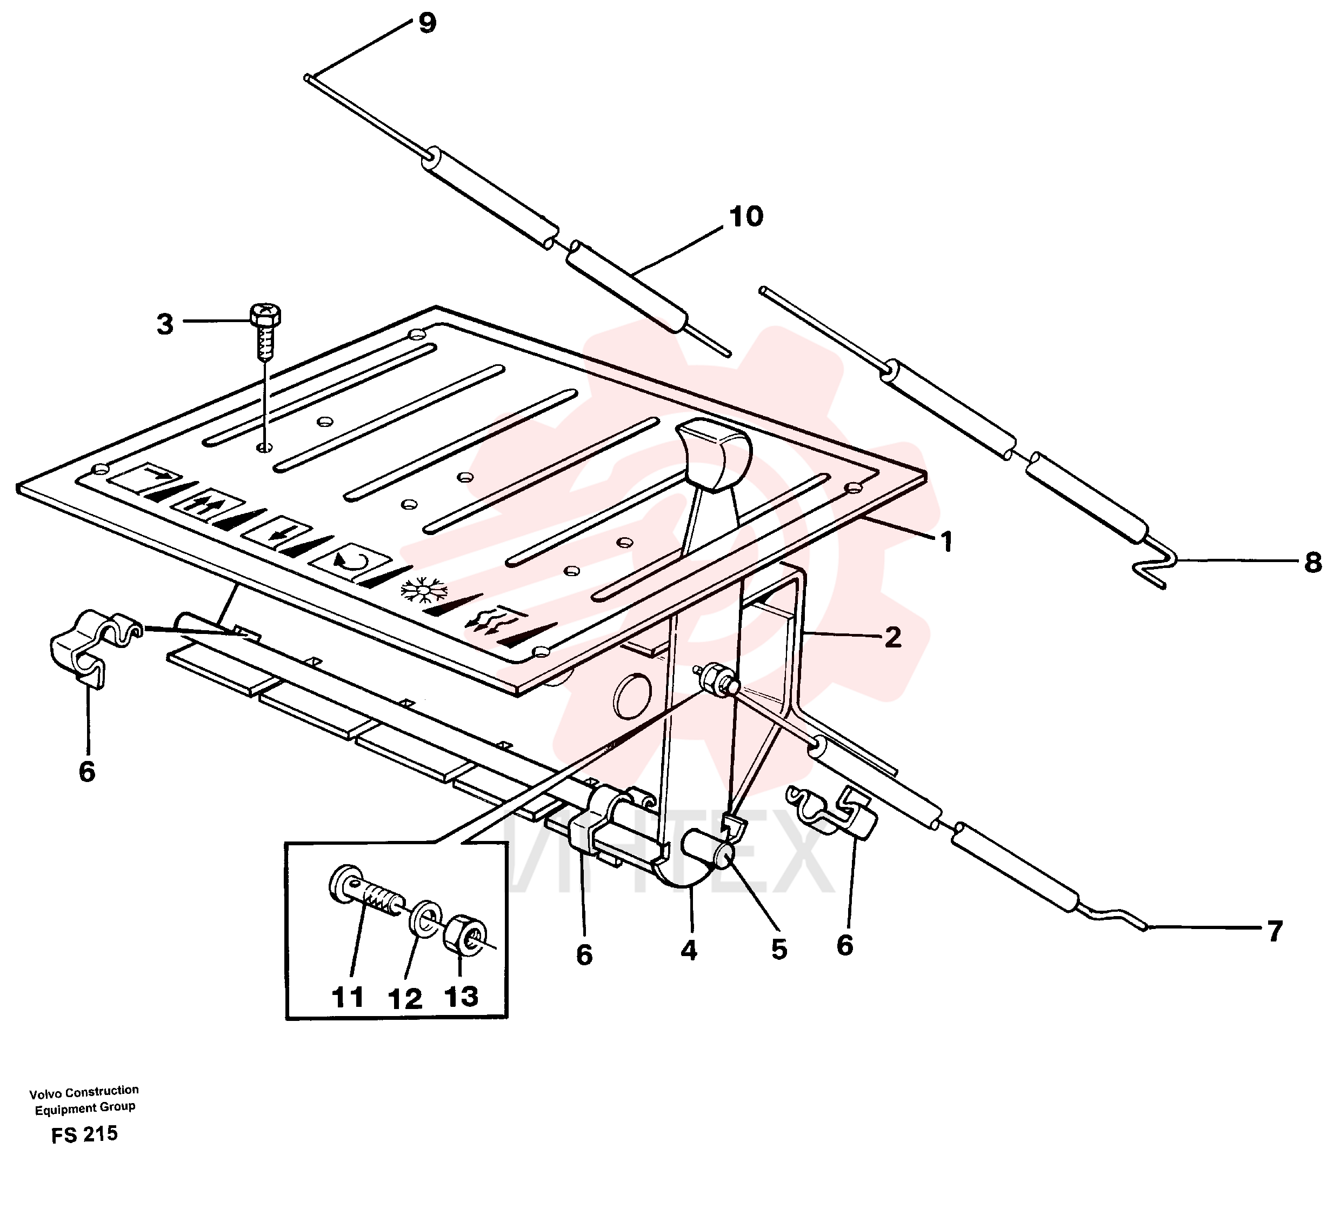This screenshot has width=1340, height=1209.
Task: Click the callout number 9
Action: pyautogui.click(x=427, y=23)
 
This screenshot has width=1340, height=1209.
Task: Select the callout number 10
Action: pyautogui.click(x=746, y=217)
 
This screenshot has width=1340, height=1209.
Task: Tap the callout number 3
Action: pyautogui.click(x=165, y=324)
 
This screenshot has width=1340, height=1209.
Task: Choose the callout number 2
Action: pyautogui.click(x=893, y=637)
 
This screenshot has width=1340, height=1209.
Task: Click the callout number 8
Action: pyautogui.click(x=1312, y=563)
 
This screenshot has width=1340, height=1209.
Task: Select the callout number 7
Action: pyautogui.click(x=1274, y=932)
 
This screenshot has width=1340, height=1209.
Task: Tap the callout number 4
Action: pyautogui.click(x=689, y=951)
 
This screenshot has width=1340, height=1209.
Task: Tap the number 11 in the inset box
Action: pyautogui.click(x=348, y=998)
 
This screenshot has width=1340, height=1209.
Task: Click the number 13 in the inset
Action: pyautogui.click(x=461, y=997)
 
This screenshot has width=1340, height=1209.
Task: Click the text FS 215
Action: pyautogui.click(x=84, y=1134)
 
